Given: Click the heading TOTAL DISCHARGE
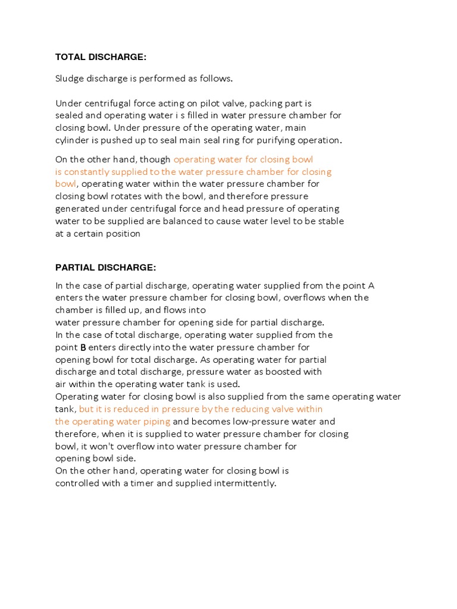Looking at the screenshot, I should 101,57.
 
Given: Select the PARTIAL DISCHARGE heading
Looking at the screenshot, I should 105,267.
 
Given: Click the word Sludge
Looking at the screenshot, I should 71,79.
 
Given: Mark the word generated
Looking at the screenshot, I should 77,209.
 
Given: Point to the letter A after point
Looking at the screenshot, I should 371,285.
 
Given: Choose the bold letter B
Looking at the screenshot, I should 83,347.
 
